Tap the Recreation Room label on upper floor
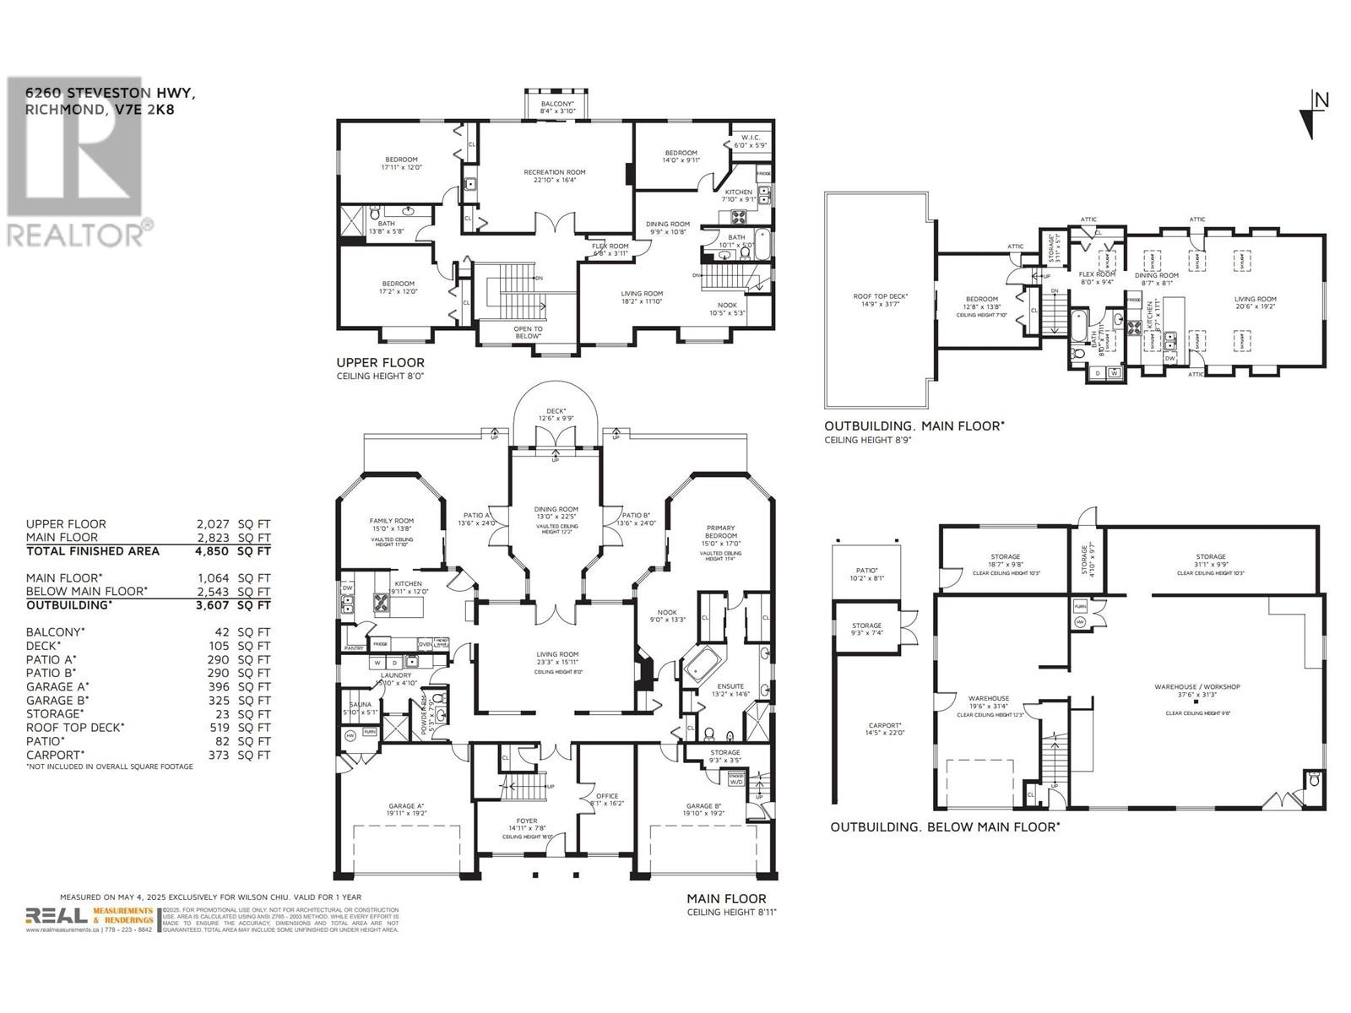(x=554, y=172)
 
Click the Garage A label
(x=406, y=806)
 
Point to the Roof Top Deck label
(x=880, y=296)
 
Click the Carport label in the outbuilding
(x=885, y=725)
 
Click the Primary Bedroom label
(x=721, y=533)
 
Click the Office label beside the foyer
(x=607, y=796)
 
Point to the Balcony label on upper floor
(x=557, y=103)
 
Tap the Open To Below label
(x=529, y=330)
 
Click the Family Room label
(x=391, y=521)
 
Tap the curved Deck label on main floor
(x=556, y=412)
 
